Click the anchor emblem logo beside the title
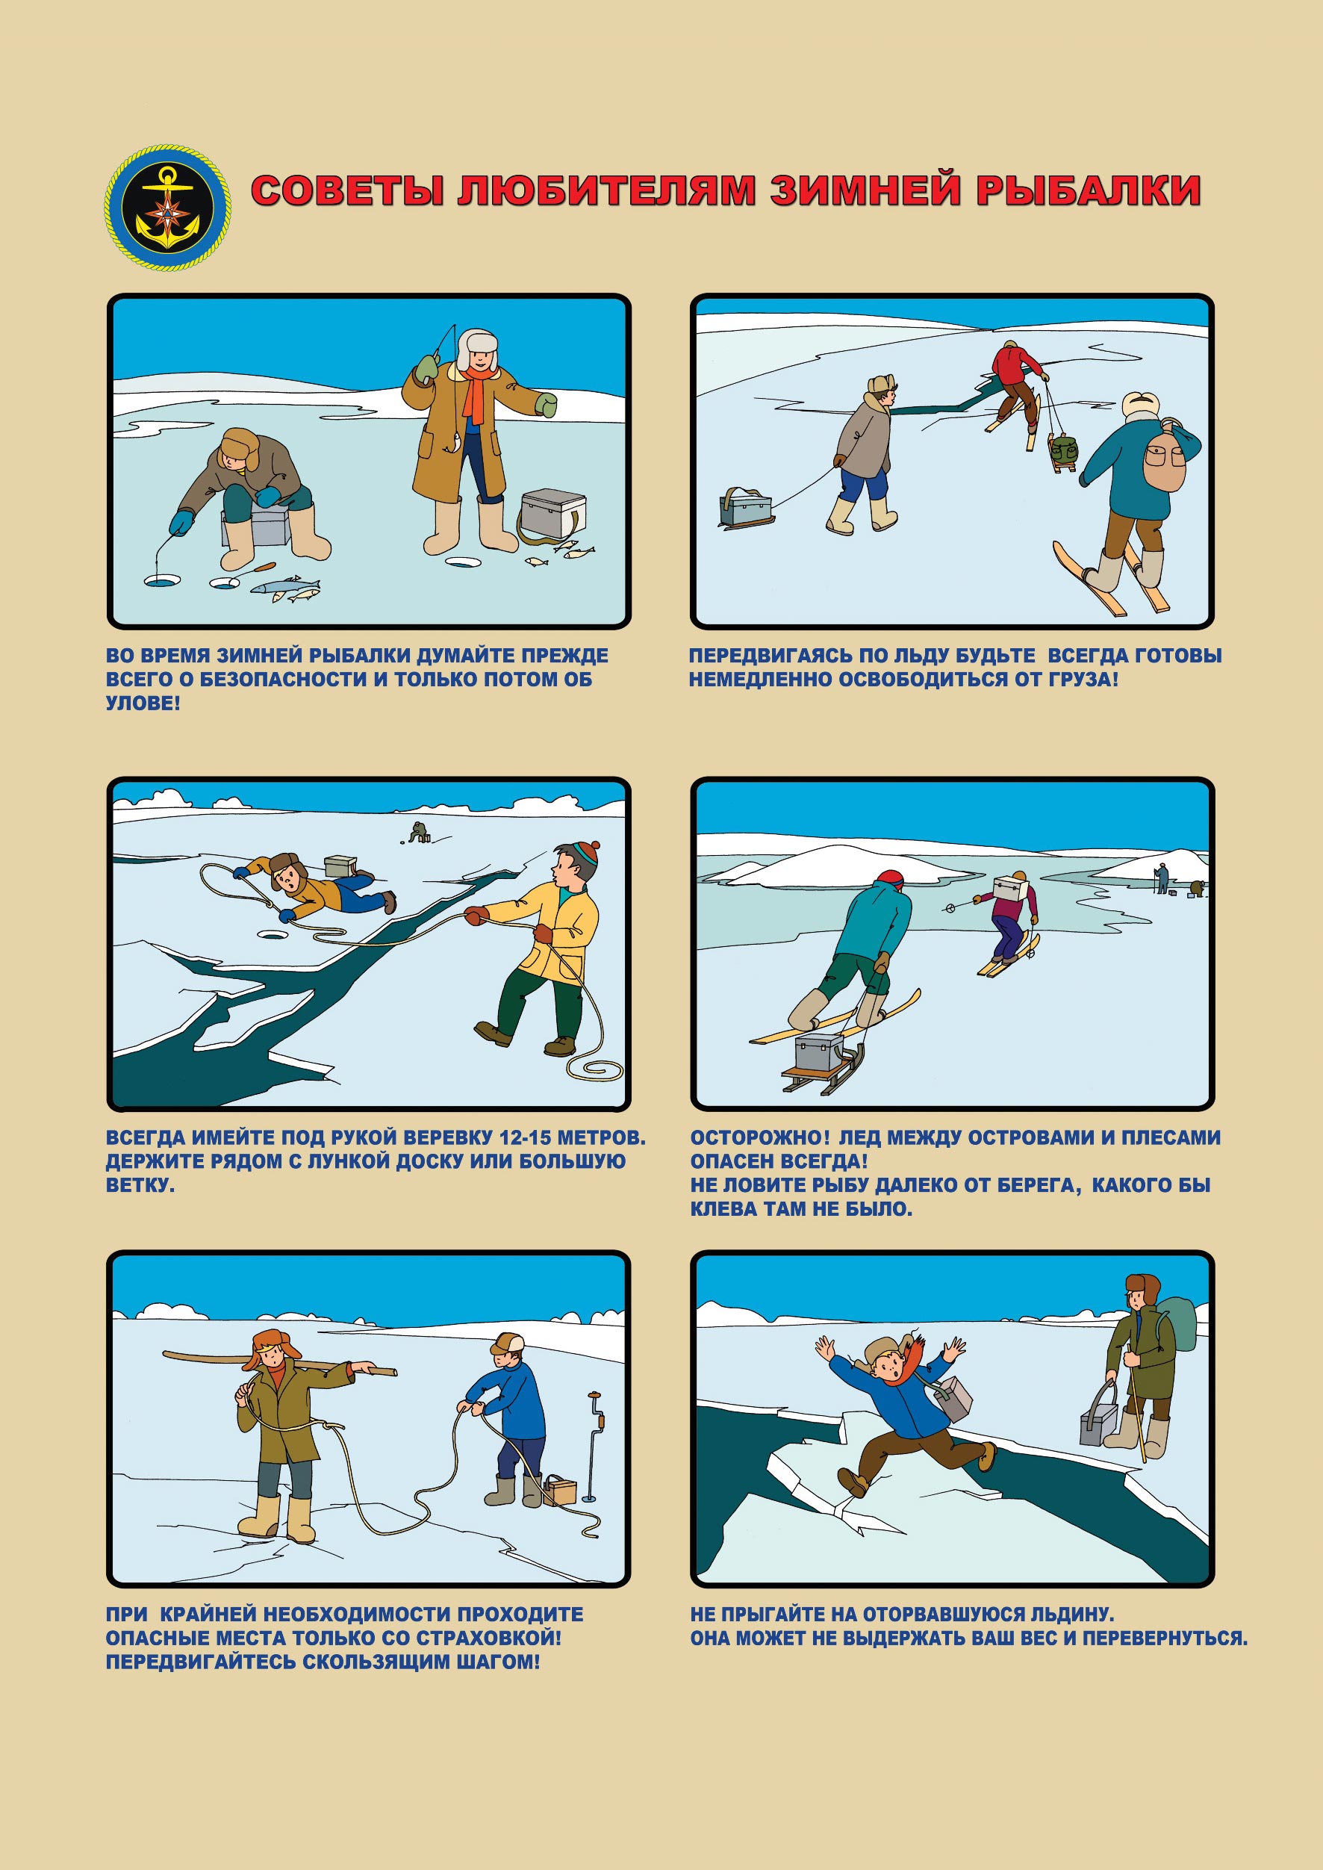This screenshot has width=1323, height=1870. [167, 208]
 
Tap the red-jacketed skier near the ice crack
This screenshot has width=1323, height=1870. [1016, 386]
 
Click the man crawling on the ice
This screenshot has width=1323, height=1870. [314, 885]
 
